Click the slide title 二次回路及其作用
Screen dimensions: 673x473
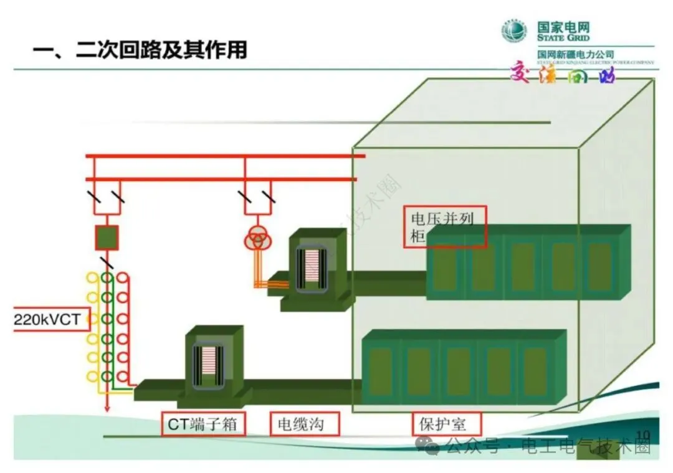[140, 49]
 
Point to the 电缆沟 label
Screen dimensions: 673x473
[305, 424]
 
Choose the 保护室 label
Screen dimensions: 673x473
[447, 424]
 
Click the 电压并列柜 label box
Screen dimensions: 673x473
[444, 228]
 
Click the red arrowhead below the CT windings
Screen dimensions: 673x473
[107, 408]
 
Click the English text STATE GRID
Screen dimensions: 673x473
[563, 37]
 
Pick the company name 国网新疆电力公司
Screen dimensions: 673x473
[575, 55]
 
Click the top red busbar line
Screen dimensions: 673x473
[224, 156]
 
